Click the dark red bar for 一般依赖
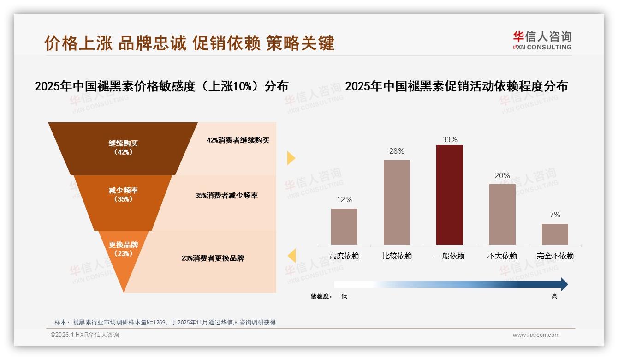[x=449, y=194]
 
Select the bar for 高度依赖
[x=344, y=226]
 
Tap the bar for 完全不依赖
[x=555, y=234]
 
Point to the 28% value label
[x=397, y=151]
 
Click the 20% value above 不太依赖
[x=502, y=175]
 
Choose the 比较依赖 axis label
[x=397, y=256]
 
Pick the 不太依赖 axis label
[x=502, y=256]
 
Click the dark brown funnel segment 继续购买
[x=123, y=148]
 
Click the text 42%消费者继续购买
[x=238, y=140]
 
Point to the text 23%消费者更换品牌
[x=213, y=258]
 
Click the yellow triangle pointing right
[x=291, y=158]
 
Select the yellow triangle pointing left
[x=291, y=256]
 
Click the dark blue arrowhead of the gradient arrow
[x=564, y=284]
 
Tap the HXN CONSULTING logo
[x=542, y=41]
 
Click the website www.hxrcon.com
[x=536, y=335]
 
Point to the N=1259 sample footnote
[x=165, y=322]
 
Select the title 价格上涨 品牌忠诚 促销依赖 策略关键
[x=189, y=43]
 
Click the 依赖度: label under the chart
[x=321, y=296]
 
